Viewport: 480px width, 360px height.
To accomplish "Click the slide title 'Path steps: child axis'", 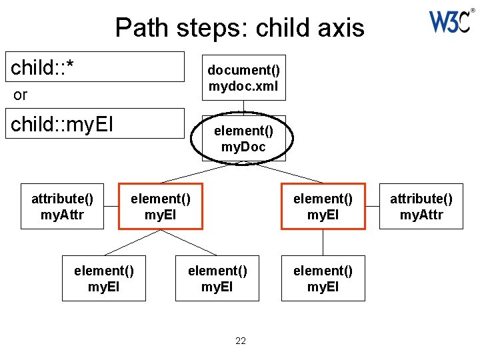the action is click(239, 28).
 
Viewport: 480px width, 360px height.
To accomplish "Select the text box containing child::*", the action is click(97, 67).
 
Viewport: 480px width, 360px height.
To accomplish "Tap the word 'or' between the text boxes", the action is click(21, 95).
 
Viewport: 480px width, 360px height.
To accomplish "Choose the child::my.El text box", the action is click(97, 123).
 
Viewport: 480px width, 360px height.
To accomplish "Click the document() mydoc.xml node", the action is click(243, 77).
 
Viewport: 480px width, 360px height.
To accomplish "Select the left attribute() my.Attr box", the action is click(62, 206).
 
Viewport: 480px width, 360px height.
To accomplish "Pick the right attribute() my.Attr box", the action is click(421, 206).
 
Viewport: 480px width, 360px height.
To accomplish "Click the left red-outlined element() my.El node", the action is click(160, 206).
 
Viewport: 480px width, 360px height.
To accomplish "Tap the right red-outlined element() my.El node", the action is click(323, 206).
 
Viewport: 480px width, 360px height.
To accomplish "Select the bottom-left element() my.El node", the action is click(103, 279).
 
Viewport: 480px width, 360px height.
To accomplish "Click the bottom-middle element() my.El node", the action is click(217, 279).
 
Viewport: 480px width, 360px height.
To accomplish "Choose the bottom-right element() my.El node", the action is click(323, 279).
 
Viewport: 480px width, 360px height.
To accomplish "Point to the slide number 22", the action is click(241, 341).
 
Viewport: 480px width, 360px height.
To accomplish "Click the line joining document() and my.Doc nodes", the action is click(243, 107).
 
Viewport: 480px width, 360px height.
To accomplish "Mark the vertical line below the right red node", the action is click(323, 243).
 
